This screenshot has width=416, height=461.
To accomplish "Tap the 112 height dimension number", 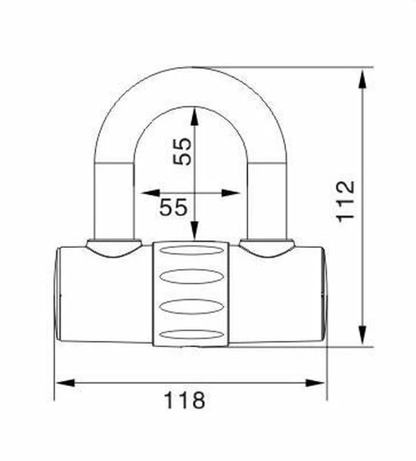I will tap(346, 201).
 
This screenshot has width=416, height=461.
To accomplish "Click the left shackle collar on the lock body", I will tap(114, 246).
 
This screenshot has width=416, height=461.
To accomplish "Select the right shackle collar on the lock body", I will tap(267, 246).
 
